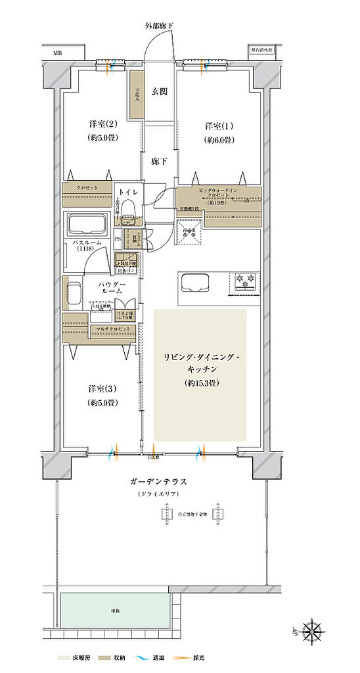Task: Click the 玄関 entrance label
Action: tap(160, 91)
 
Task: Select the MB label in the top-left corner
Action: tap(58, 51)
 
